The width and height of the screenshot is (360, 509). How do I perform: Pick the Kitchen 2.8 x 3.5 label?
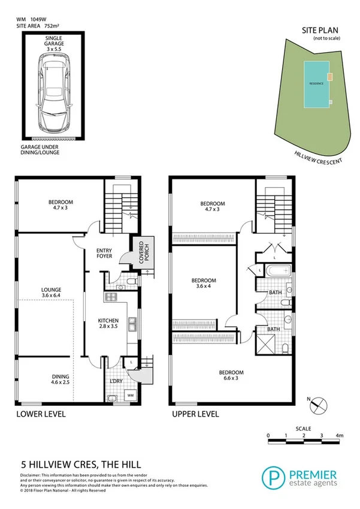(109, 324)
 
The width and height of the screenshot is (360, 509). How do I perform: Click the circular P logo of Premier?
(273, 478)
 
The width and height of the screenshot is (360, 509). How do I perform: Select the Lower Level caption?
(40, 414)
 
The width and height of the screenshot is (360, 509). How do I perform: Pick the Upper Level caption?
(195, 414)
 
